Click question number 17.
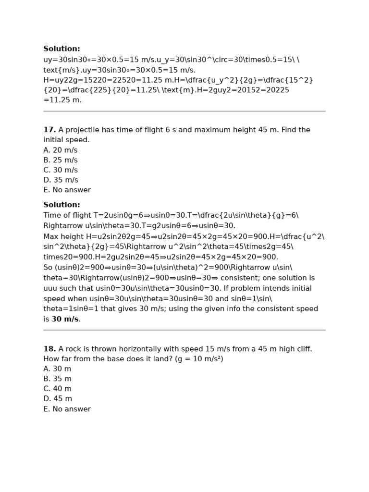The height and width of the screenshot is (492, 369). (49, 130)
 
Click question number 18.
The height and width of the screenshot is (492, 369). (49, 349)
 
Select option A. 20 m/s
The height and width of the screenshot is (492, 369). (61, 150)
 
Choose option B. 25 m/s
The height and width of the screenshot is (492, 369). (61, 160)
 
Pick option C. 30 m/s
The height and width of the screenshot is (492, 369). (61, 170)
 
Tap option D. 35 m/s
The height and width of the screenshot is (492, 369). (61, 180)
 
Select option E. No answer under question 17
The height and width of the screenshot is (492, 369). (67, 190)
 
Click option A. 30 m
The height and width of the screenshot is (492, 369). (57, 369)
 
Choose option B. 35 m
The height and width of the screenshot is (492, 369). (57, 379)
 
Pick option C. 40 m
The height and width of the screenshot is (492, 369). (57, 389)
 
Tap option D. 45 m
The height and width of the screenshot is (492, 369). (58, 399)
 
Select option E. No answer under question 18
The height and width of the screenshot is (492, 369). (67, 409)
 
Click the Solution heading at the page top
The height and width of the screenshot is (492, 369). (61, 49)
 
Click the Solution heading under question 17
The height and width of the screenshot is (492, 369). (61, 205)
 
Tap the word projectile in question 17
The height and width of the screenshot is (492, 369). (83, 130)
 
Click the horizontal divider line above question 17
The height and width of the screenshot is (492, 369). (184, 111)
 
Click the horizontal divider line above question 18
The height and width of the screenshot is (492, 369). (184, 330)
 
